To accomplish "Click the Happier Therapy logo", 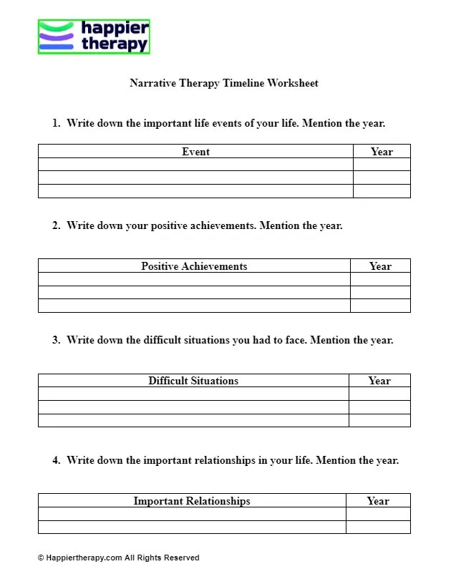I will click(x=94, y=37).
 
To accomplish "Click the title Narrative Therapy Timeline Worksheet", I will click(x=224, y=83).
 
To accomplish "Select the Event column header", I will click(x=195, y=151).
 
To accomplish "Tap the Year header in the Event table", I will click(x=382, y=151).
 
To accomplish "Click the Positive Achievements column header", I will click(x=194, y=266).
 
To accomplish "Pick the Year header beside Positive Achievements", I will click(x=380, y=266).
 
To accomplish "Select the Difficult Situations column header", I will click(x=193, y=380).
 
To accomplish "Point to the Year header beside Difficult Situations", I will click(x=379, y=380).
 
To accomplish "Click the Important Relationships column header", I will click(x=192, y=500).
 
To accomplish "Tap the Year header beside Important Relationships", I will click(x=378, y=500).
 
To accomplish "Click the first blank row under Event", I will click(x=195, y=165).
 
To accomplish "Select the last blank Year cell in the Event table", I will click(x=382, y=191).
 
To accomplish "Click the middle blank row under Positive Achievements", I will click(x=194, y=292).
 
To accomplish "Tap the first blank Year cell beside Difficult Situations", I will click(x=379, y=394).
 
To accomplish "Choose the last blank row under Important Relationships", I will click(x=192, y=527).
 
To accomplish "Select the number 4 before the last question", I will click(x=55, y=460).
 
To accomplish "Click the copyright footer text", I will click(x=118, y=558).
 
